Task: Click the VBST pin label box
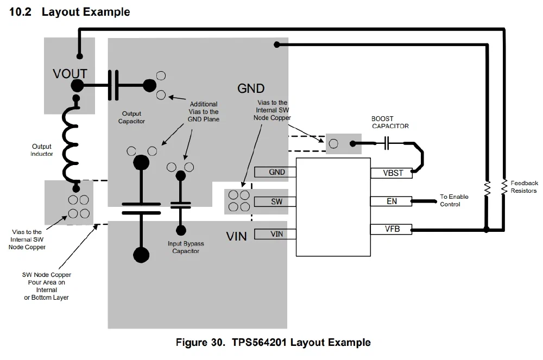pos(391,173)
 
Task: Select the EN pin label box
pos(391,201)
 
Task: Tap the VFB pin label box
pos(391,229)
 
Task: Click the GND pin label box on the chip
pos(276,172)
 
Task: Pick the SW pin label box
pos(276,202)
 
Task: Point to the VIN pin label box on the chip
pos(276,234)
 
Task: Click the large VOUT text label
pos(70,73)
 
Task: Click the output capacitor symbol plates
pos(113,85)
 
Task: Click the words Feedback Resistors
pos(523,187)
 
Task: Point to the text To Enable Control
pos(453,200)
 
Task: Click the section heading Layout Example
pos(70,12)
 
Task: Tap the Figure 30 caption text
pos(273,343)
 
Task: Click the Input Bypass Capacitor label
pos(186,247)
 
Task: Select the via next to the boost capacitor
pos(334,143)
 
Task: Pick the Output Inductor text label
pos(42,150)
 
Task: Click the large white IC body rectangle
pos(333,206)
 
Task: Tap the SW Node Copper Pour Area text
pos(46,286)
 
